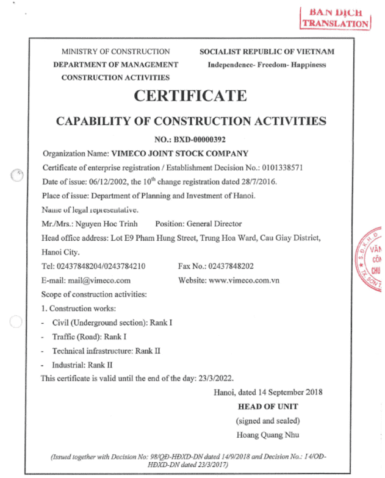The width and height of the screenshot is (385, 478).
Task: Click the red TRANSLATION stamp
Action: tap(335, 18)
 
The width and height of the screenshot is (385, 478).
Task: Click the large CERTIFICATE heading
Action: tap(191, 96)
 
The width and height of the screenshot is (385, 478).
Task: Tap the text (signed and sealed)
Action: tap(268, 421)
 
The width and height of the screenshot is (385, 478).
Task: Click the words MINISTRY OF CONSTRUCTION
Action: tap(115, 52)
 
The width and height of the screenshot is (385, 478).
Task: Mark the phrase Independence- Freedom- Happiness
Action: tap(267, 65)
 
